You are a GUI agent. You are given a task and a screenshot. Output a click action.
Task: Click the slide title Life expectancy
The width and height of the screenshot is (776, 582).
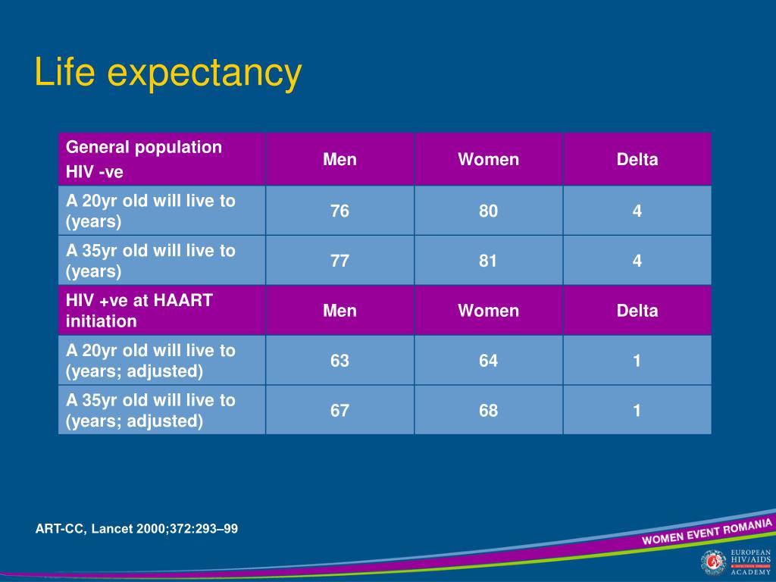click(167, 74)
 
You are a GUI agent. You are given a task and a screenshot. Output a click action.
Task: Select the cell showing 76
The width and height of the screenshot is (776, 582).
click(339, 211)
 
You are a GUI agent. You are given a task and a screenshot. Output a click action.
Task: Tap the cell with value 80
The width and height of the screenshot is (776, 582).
click(488, 211)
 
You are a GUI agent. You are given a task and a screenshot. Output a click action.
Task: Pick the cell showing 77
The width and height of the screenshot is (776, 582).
click(339, 261)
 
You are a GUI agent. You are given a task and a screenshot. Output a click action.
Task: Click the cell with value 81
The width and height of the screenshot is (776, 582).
click(488, 261)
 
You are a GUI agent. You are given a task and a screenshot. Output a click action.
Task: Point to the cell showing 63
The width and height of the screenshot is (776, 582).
click(339, 361)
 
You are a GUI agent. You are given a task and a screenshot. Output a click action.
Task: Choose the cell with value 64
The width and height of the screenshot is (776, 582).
click(488, 361)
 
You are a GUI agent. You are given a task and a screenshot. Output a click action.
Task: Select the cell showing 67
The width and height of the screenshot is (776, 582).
click(339, 411)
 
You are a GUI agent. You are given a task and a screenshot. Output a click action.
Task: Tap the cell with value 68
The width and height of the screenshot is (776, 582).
click(488, 411)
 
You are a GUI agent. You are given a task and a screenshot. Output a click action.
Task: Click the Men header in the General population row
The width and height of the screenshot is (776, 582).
click(339, 160)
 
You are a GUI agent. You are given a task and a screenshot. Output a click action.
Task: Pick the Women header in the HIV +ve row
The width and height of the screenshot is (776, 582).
click(488, 311)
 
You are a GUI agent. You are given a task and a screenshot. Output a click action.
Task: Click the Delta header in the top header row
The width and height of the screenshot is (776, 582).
click(637, 160)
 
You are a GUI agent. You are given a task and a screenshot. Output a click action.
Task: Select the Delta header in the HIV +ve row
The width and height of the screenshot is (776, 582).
click(637, 311)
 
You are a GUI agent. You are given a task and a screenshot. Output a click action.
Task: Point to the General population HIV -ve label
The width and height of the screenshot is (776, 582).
click(144, 159)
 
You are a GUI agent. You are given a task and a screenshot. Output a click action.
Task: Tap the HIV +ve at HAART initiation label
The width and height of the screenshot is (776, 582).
click(139, 311)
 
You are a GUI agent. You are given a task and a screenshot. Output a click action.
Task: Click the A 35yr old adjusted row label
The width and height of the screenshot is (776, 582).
click(150, 411)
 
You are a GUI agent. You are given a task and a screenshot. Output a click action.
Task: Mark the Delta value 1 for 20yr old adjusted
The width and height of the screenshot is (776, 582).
click(637, 361)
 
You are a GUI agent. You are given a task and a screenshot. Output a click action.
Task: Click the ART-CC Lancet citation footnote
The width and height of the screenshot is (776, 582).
click(136, 528)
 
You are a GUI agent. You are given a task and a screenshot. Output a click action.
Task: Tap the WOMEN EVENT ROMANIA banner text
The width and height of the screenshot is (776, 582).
click(707, 531)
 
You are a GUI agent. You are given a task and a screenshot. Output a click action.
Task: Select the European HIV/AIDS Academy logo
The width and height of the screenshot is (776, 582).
click(735, 562)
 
